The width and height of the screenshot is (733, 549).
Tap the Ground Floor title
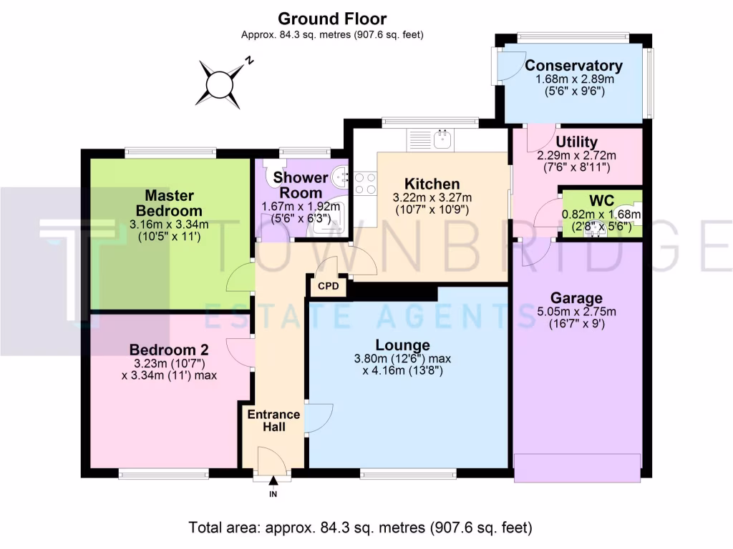[x=331, y=19]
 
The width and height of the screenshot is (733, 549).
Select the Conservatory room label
[x=573, y=66]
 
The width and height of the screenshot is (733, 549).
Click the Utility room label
[x=576, y=142]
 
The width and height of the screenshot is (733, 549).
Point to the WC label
[x=601, y=200]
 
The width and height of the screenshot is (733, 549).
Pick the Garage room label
[x=576, y=298]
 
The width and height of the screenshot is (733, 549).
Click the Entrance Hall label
[x=273, y=420]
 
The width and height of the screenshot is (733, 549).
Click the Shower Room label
[x=301, y=184]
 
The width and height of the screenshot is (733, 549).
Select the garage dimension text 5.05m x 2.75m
[x=576, y=312]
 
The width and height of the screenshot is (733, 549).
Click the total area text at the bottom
[x=361, y=528]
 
